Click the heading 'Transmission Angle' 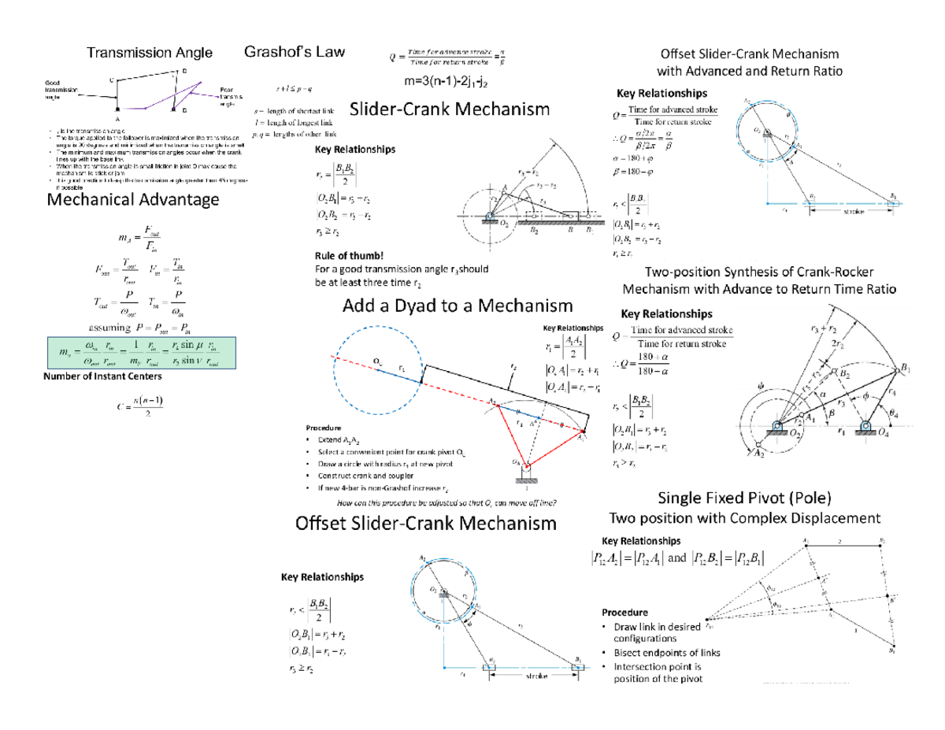(x=149, y=53)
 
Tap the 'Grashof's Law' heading (x=295, y=52)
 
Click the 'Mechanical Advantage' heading (x=134, y=200)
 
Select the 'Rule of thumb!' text (x=349, y=254)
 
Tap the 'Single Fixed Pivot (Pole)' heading (x=744, y=498)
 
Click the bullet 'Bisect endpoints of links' (x=660, y=654)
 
